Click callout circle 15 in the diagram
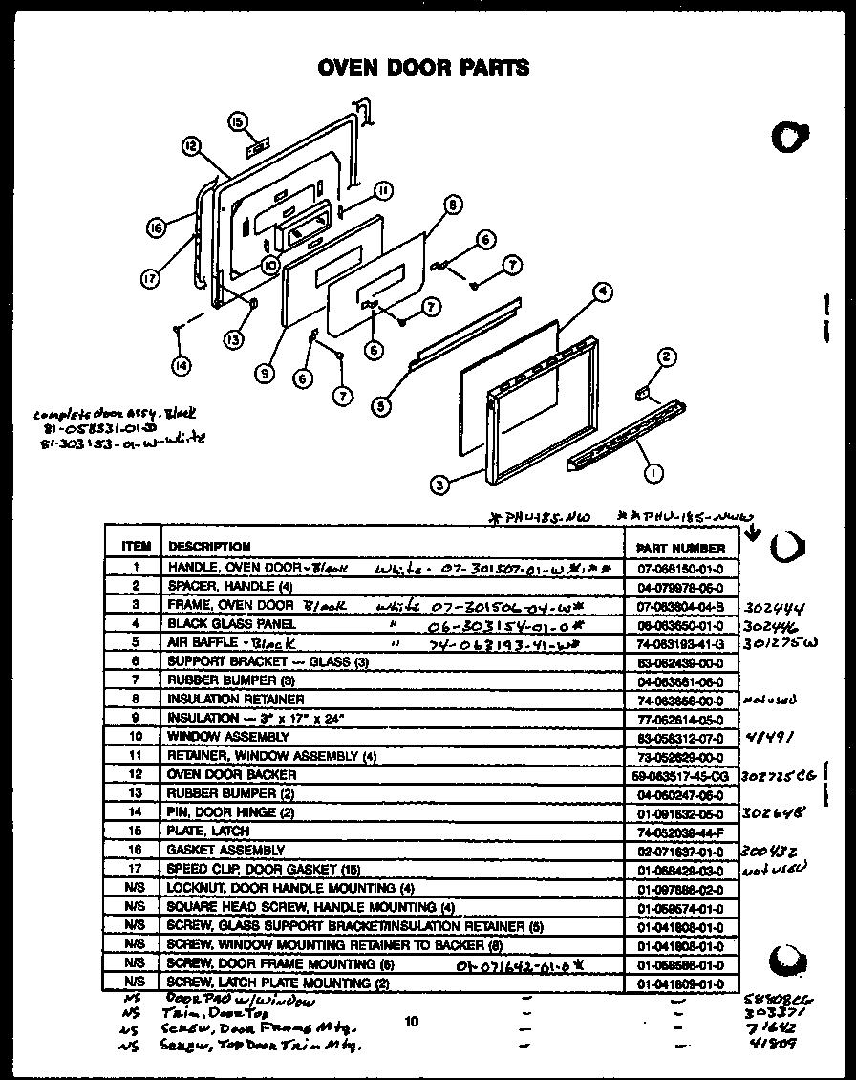(237, 120)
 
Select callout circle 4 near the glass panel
(601, 293)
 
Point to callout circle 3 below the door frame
(439, 485)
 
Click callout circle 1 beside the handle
(653, 470)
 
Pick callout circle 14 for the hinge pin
(180, 363)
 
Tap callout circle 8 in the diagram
(452, 204)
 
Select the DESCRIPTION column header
(209, 547)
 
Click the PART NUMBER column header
(679, 549)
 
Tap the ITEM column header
(137, 547)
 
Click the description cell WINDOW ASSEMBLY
(228, 737)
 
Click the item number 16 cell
(137, 850)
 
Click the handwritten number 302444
(778, 606)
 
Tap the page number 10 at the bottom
(411, 1022)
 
